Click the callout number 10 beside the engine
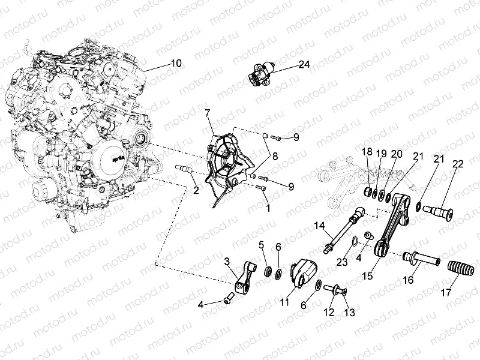176,64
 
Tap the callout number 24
304,64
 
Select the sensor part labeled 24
261,73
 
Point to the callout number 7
208,113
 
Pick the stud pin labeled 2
184,168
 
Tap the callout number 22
458,164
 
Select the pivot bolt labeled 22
438,212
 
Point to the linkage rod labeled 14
344,230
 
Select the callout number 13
349,312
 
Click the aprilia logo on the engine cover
117,159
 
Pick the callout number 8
275,156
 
